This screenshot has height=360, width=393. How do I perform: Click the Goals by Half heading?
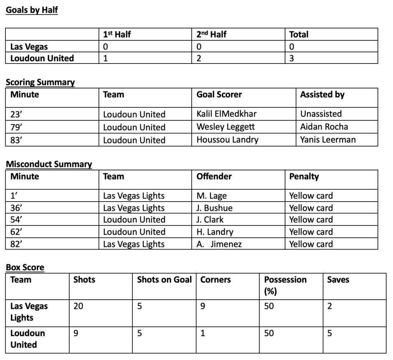(x=32, y=10)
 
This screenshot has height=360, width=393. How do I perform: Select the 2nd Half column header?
(x=211, y=34)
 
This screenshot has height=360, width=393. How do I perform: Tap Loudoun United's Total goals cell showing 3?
(x=292, y=58)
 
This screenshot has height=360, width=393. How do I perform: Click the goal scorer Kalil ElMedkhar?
(x=226, y=114)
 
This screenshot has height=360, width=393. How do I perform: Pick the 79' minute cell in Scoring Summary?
(x=16, y=127)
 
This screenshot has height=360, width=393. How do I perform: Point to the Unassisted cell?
(x=321, y=114)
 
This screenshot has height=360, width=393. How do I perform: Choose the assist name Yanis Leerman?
(x=328, y=140)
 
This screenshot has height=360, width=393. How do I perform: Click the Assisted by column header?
(x=322, y=95)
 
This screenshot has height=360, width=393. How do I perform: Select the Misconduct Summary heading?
(x=49, y=164)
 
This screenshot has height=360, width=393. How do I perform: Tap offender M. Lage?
(x=211, y=196)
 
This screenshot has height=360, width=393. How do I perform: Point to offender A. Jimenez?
(x=219, y=244)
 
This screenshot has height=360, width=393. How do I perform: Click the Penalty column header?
(x=304, y=177)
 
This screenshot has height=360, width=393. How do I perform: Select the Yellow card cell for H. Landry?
(x=311, y=232)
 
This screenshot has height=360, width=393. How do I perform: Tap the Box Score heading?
(x=25, y=267)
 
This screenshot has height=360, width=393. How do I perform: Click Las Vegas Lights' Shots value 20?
(x=78, y=307)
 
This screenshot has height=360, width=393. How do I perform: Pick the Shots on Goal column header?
(x=164, y=280)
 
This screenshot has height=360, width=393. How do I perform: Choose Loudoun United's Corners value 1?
(x=203, y=333)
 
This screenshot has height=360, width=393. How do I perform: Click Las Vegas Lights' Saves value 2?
(x=330, y=307)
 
